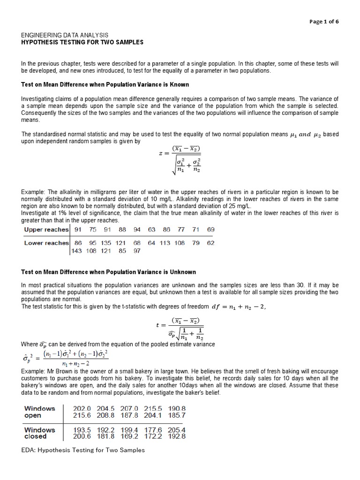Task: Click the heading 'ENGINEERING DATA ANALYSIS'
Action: click(x=65, y=35)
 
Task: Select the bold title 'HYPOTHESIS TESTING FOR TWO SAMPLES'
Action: click(x=82, y=42)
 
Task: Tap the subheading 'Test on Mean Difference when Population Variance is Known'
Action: click(x=105, y=84)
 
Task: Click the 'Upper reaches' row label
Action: click(x=46, y=230)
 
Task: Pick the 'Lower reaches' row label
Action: click(x=46, y=243)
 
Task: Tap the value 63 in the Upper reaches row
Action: click(x=151, y=230)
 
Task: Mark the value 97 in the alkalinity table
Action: click(x=137, y=251)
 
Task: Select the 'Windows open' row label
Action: click(x=39, y=412)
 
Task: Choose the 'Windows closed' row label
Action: click(x=39, y=433)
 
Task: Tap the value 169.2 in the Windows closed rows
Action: click(x=129, y=436)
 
